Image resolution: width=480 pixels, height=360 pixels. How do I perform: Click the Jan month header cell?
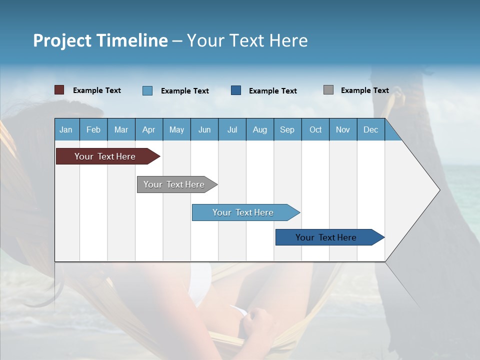(x=66, y=129)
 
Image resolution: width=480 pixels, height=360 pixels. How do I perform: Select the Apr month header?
(x=149, y=129)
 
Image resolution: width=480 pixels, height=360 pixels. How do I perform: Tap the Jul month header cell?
(x=232, y=129)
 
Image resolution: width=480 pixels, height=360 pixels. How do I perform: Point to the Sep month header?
(x=287, y=129)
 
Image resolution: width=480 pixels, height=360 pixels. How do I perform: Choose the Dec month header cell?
(x=371, y=129)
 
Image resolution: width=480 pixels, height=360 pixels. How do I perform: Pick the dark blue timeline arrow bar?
(x=326, y=237)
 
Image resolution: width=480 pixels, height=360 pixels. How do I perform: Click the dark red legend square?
(x=59, y=90)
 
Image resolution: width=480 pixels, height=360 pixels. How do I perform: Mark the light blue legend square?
(x=147, y=90)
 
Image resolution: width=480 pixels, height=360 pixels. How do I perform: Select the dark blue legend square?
(x=236, y=90)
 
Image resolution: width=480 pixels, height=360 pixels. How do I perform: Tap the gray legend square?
(x=328, y=90)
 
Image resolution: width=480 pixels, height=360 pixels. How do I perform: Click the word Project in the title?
(x=61, y=40)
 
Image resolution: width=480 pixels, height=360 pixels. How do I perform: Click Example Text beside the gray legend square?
(x=365, y=90)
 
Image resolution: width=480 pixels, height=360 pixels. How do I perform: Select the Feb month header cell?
(x=93, y=129)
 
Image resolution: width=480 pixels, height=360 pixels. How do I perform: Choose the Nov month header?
(x=343, y=129)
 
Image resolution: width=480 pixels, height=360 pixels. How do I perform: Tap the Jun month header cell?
(x=204, y=129)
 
